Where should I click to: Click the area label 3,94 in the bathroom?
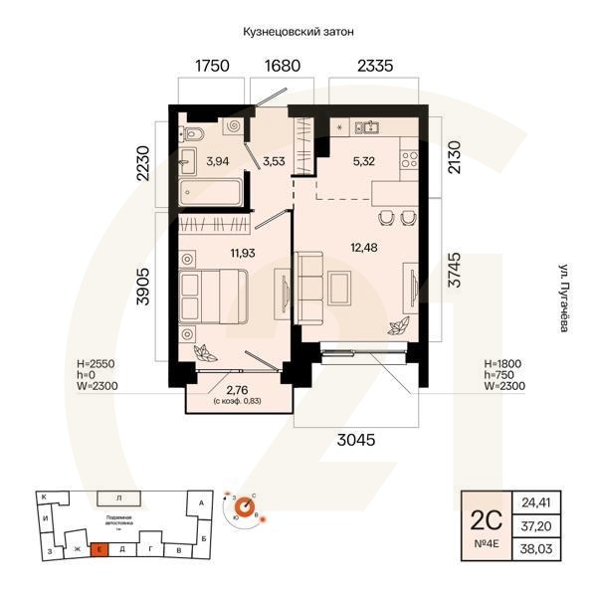click(216, 159)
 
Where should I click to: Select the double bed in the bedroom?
click(214, 294)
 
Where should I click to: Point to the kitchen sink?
click(371, 127)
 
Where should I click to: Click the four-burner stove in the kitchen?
click(409, 159)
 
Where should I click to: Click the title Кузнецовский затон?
click(298, 32)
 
